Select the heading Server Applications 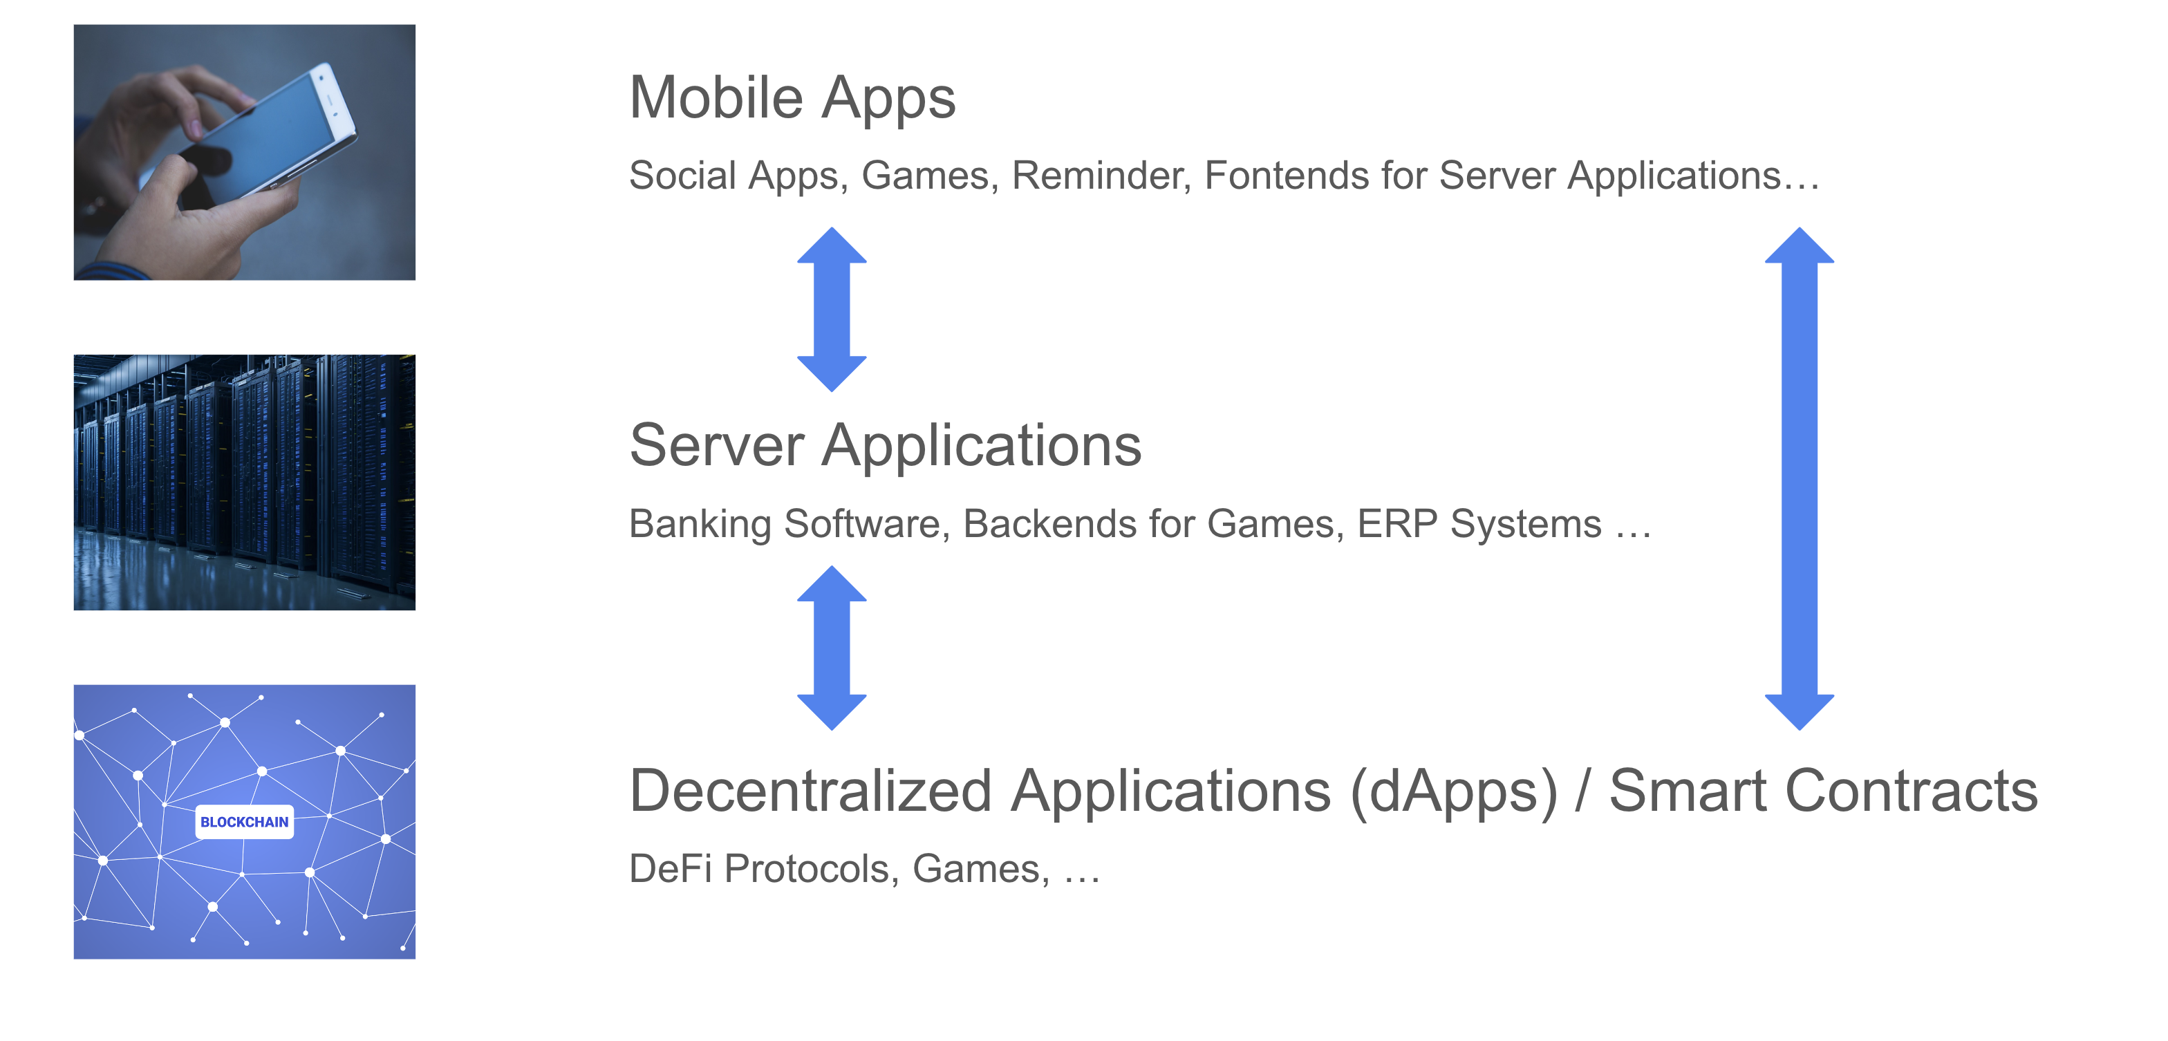point(886,445)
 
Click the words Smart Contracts point(1823,791)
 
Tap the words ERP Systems point(1479,523)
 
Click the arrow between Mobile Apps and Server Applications point(832,309)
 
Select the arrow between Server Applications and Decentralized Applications point(832,647)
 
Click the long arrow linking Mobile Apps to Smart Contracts point(1800,478)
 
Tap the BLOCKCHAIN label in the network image point(244,822)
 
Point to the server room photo point(244,482)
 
